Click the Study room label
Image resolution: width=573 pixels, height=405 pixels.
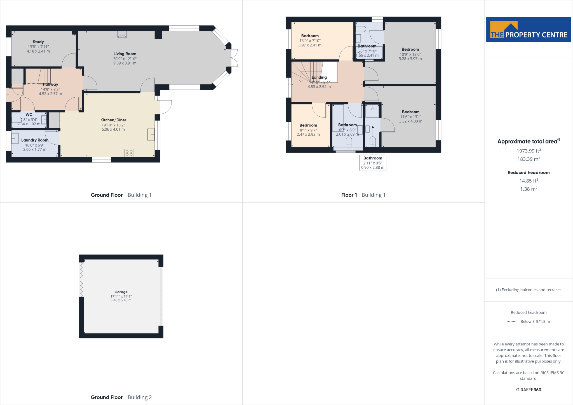pos(38,42)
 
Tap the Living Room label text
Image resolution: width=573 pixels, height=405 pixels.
pos(125,54)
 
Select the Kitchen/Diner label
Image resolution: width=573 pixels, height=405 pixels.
pos(113,120)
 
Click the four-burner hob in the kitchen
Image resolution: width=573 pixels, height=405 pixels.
pos(129,153)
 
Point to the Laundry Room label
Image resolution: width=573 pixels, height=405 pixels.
pos(35,140)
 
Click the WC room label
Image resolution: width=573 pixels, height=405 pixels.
pos(29,115)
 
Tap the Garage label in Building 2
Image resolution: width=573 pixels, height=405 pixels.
pos(121,292)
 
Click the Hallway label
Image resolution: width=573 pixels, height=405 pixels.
pos(50,84)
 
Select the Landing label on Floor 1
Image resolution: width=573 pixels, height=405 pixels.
pos(319,77)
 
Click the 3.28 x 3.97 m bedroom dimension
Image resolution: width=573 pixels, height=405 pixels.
pos(410,59)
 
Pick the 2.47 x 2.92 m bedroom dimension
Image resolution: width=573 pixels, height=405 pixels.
pos(308,135)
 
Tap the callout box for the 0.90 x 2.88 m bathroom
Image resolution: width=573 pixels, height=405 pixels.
pos(373,163)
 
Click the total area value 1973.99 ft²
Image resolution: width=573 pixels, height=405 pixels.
pos(529,151)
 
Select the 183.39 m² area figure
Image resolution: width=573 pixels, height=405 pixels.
pos(529,159)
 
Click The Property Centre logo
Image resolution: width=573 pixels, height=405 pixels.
pos(529,30)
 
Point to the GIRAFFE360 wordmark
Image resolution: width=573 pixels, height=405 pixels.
pos(529,390)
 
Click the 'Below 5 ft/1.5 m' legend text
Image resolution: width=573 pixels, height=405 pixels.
pos(535,322)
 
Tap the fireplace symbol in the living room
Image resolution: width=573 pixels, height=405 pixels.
pos(122,34)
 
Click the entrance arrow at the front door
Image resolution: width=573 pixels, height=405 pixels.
pos(7,95)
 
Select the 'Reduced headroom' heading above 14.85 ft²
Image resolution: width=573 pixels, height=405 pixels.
pos(529,173)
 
